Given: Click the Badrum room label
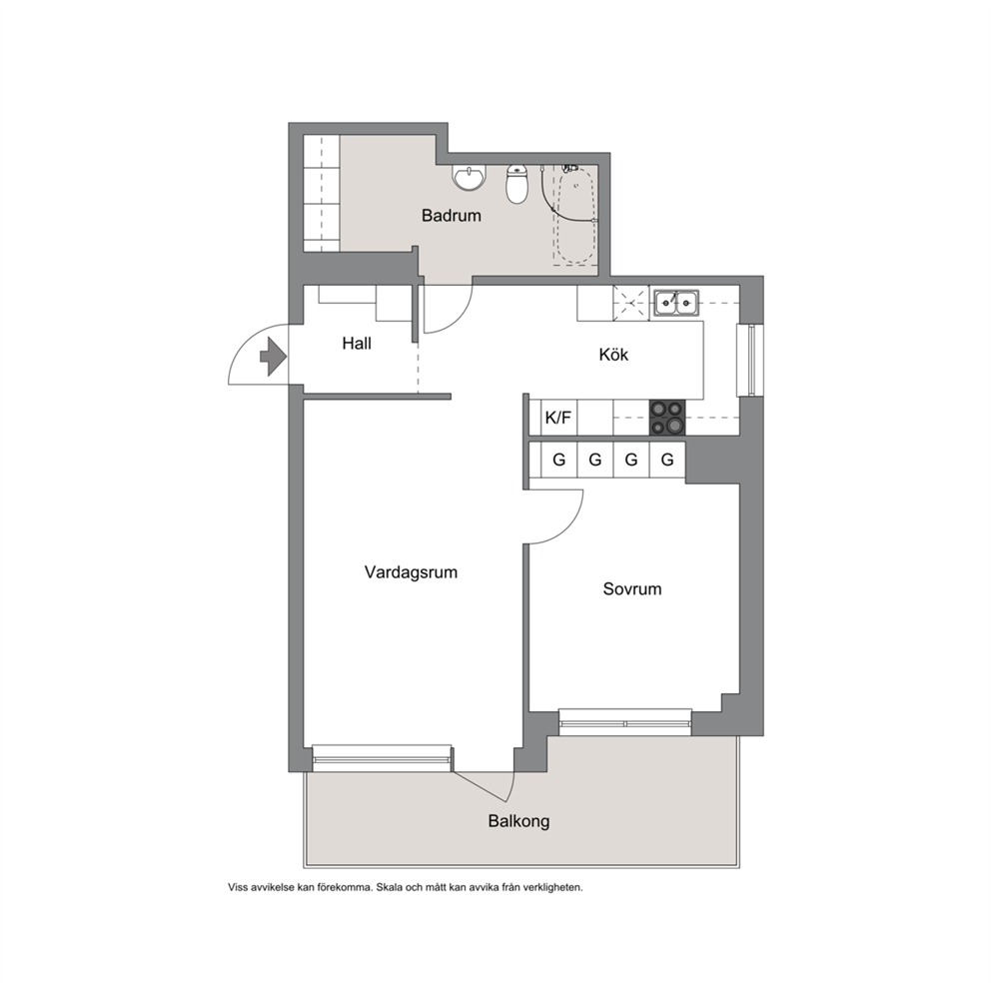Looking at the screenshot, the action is pyautogui.click(x=452, y=216).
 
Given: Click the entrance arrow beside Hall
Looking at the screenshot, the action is pyautogui.click(x=274, y=357).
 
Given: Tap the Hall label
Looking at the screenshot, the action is pyautogui.click(x=357, y=344).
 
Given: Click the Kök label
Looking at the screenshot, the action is pyautogui.click(x=613, y=355).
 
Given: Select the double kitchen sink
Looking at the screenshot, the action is pyautogui.click(x=676, y=302).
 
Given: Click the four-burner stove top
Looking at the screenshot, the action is pyautogui.click(x=667, y=418).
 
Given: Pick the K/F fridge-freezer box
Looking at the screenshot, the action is pyautogui.click(x=558, y=418).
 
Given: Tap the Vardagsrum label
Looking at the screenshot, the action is pyautogui.click(x=411, y=572).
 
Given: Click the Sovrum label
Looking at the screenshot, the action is pyautogui.click(x=632, y=589).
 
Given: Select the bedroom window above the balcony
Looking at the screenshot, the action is pyautogui.click(x=625, y=721).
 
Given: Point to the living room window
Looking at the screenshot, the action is pyautogui.click(x=383, y=758).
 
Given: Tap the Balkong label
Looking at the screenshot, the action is pyautogui.click(x=518, y=821).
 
